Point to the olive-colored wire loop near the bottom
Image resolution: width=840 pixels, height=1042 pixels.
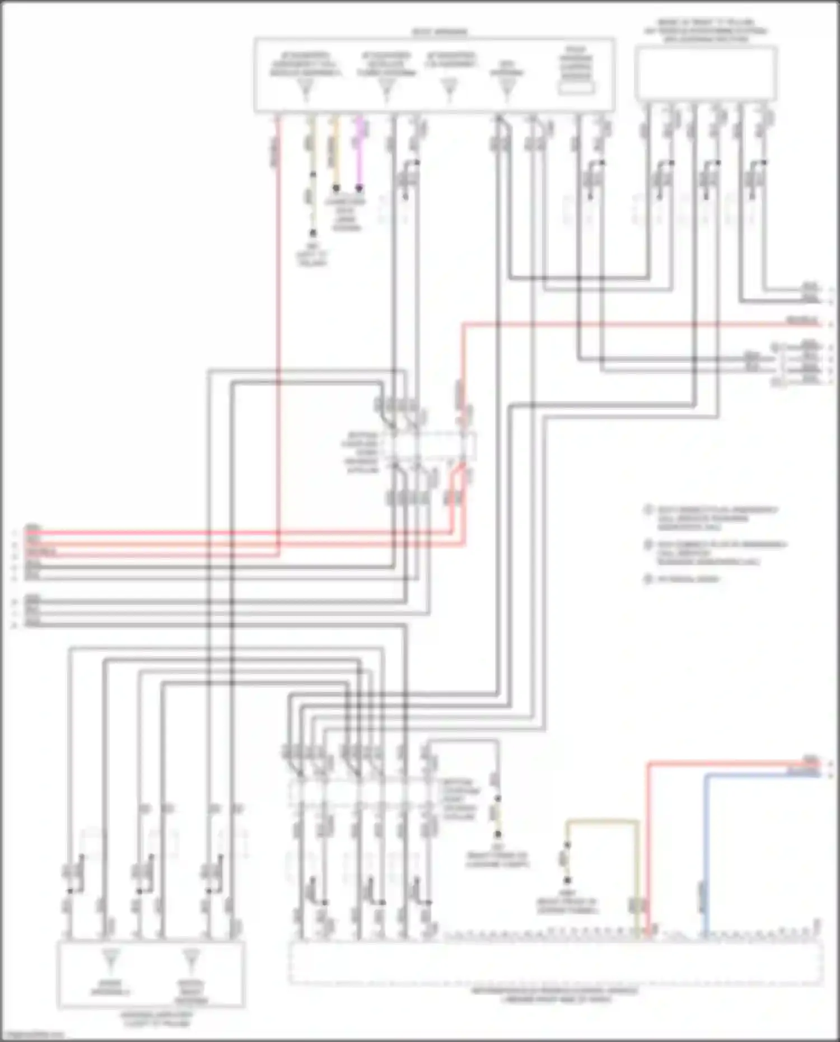(602, 822)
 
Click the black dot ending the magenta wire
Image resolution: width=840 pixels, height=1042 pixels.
(360, 188)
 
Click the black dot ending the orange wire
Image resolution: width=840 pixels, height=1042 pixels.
(336, 188)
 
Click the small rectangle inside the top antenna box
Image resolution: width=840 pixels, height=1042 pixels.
(576, 88)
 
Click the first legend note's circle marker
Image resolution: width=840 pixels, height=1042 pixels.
(648, 510)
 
